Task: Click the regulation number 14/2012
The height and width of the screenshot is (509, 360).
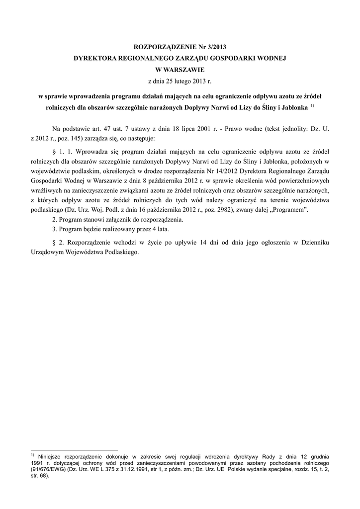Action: [222, 171]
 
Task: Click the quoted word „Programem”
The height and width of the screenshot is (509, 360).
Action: [289, 210]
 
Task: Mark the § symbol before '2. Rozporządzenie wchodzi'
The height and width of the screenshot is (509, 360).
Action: [54, 243]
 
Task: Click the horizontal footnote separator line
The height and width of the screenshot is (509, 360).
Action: [74, 449]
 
